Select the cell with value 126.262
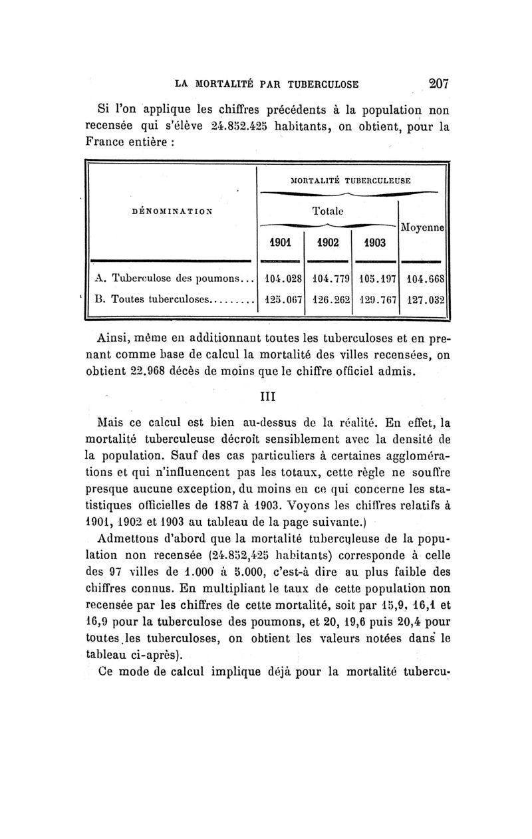pos(327,299)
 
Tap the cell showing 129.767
pos(375,299)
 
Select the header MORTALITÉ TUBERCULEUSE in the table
pos(350,180)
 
